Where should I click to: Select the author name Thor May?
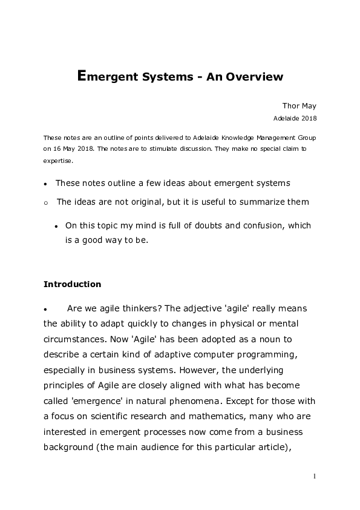(x=299, y=105)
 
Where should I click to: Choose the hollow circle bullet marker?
(x=45, y=202)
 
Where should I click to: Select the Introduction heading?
(x=72, y=283)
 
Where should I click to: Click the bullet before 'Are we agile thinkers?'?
(x=45, y=308)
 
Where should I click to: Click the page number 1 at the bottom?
(x=315, y=476)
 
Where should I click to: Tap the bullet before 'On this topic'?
(x=56, y=226)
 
